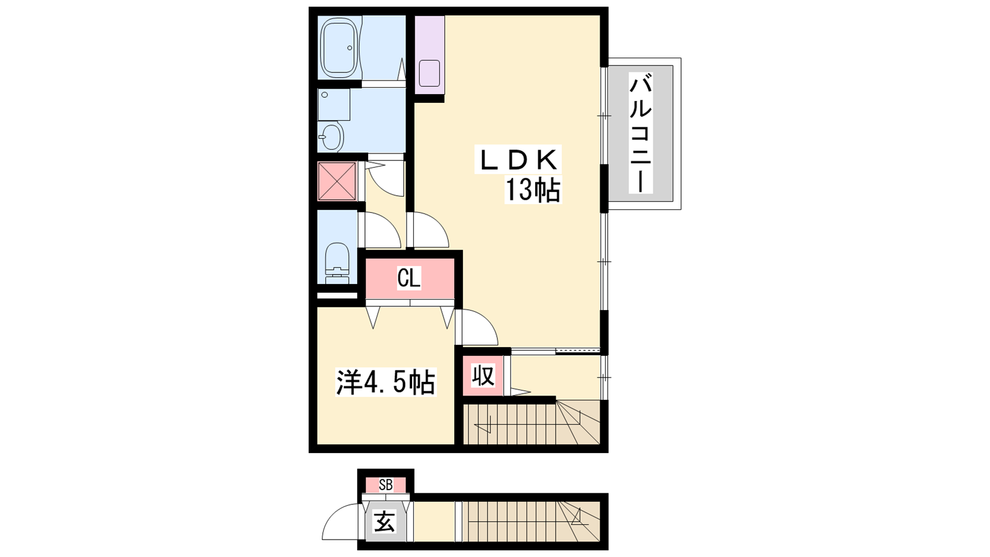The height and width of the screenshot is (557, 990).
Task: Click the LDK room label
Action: (518, 160)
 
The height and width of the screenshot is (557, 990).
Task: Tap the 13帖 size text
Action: (533, 190)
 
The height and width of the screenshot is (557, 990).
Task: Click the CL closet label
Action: (409, 278)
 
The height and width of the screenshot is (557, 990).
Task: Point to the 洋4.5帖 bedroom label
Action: (386, 382)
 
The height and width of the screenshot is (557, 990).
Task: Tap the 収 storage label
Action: (483, 376)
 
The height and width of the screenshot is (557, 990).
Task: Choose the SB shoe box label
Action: (385, 485)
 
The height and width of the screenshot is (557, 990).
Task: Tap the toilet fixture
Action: (337, 264)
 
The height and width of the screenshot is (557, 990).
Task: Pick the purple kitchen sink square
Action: (429, 74)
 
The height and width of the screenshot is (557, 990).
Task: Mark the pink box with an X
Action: (337, 181)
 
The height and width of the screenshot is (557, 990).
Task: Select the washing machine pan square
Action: (334, 105)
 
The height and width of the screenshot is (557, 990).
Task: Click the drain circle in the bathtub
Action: (350, 48)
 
